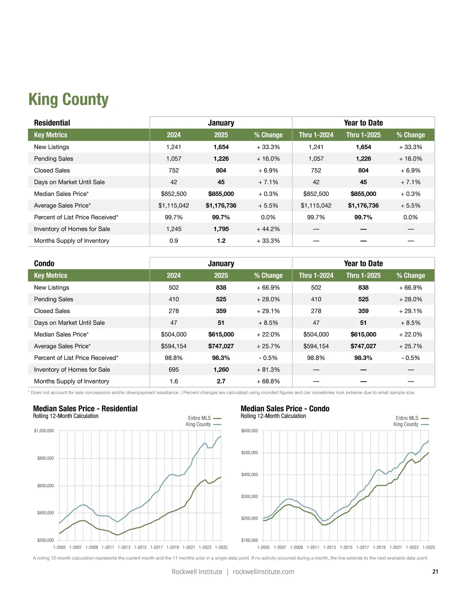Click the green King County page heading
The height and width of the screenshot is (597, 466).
point(68,100)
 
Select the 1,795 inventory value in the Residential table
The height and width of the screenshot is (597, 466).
point(221,229)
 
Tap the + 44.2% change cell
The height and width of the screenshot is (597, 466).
point(268,229)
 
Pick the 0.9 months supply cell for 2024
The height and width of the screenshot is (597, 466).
point(174,241)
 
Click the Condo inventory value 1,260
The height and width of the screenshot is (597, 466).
point(221,369)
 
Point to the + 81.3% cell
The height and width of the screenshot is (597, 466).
point(268,369)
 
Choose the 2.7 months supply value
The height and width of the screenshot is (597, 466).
point(221,381)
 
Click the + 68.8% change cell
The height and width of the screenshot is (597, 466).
point(268,381)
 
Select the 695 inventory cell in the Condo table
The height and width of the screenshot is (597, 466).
point(174,369)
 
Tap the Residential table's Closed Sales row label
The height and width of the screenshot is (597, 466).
point(52,170)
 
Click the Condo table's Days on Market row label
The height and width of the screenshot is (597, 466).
point(69,323)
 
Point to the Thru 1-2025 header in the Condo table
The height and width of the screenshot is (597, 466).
point(363,275)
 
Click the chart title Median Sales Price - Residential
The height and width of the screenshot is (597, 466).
point(85,409)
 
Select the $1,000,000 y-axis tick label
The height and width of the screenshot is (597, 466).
point(44,431)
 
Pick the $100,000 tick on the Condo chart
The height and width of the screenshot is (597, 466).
point(249,540)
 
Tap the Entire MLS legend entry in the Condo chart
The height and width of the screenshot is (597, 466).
point(407,418)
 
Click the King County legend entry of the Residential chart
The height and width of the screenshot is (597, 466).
point(198,424)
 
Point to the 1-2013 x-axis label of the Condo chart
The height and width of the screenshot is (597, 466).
point(329,548)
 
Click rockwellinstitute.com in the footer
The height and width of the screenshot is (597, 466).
point(263,572)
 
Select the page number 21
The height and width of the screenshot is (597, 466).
point(435,572)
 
